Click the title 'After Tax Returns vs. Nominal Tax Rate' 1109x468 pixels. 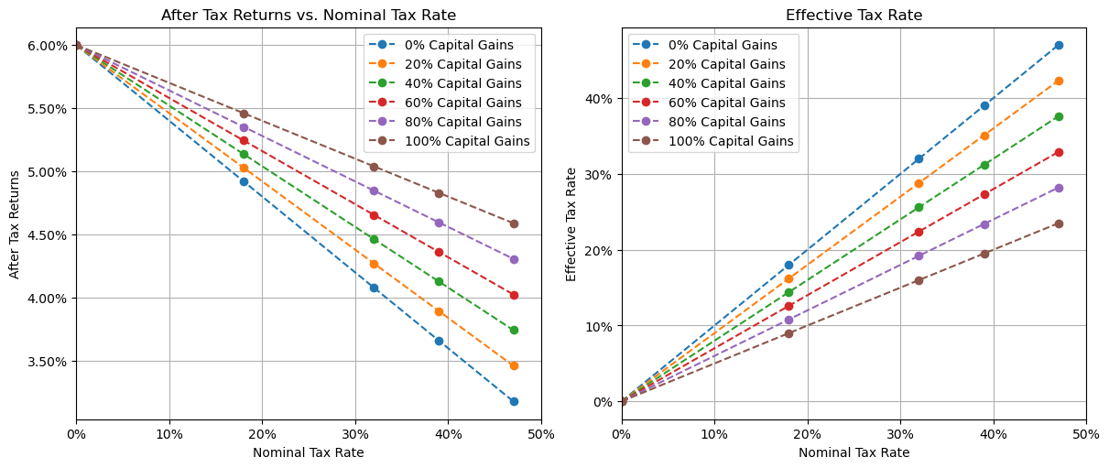[308, 15]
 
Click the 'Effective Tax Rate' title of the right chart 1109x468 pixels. [853, 15]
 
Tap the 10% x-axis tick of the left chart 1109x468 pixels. [169, 433]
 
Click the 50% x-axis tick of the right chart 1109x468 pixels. [1086, 433]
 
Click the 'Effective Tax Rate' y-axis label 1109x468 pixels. [571, 224]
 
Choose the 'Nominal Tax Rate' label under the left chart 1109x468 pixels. [308, 452]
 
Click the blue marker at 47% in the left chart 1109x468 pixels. [514, 401]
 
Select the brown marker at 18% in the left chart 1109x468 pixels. [244, 114]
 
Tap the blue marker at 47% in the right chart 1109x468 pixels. [1059, 45]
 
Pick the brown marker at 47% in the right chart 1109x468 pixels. [1059, 223]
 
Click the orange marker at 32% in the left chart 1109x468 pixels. [374, 264]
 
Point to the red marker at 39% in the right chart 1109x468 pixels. [984, 194]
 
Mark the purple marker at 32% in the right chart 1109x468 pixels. [919, 256]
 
